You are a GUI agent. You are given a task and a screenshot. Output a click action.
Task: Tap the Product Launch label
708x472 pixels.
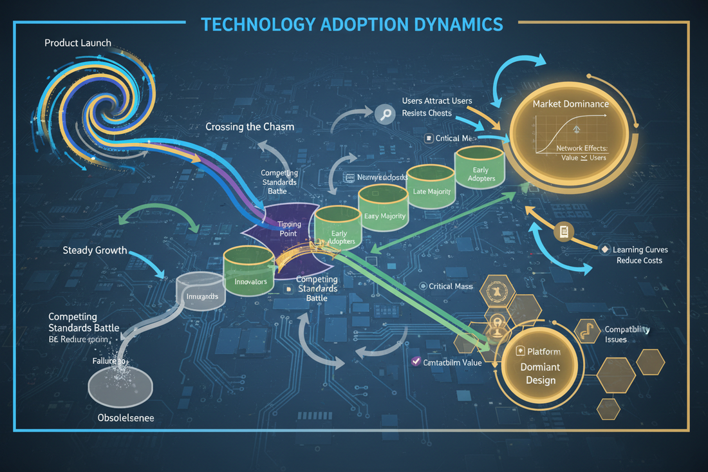tap(78, 43)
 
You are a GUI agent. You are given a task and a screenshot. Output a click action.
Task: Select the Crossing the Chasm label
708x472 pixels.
tap(250, 127)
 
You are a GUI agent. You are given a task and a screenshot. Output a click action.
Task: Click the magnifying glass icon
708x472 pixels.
tap(384, 115)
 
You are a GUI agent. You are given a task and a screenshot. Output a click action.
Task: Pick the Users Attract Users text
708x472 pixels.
tap(436, 101)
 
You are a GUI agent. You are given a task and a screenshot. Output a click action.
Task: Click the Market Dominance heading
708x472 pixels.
tap(570, 104)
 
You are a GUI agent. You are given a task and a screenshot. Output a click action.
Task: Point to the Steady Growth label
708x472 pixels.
tap(95, 250)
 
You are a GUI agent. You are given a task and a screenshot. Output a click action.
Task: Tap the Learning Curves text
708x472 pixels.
tap(641, 250)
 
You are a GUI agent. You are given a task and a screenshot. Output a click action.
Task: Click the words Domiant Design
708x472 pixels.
tap(540, 373)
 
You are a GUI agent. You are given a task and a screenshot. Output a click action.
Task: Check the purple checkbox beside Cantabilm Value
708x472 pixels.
tap(415, 362)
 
